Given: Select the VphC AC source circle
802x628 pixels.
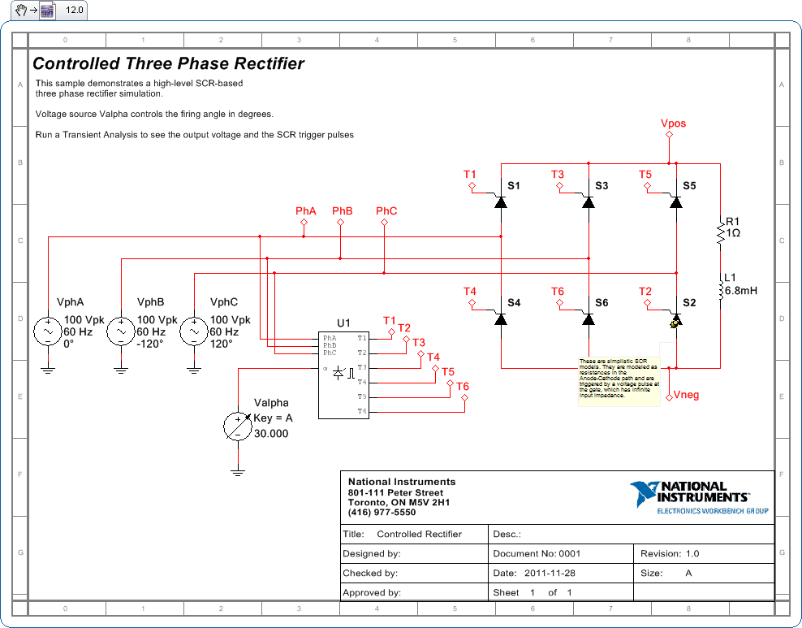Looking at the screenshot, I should (x=194, y=332).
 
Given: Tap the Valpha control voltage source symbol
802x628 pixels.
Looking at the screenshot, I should (x=237, y=426).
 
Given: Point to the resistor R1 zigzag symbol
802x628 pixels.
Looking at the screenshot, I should (x=719, y=233).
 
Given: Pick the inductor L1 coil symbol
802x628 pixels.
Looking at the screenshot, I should (x=719, y=289).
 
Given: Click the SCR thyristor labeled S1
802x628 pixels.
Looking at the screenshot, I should (x=501, y=201).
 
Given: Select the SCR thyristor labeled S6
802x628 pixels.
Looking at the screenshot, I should (x=589, y=318).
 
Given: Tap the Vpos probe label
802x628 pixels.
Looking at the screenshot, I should (x=673, y=123).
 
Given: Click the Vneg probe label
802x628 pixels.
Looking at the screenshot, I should (x=686, y=396).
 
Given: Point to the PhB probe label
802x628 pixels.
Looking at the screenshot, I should (x=343, y=211).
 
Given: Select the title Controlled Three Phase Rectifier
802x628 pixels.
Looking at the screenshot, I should (x=169, y=63).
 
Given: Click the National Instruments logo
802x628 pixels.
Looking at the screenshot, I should (x=698, y=496).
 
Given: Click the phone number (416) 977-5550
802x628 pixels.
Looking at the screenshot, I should (x=382, y=513).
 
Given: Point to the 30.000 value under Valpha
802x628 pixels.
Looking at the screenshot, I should (x=271, y=434).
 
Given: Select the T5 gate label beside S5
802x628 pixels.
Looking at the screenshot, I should (x=645, y=175).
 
